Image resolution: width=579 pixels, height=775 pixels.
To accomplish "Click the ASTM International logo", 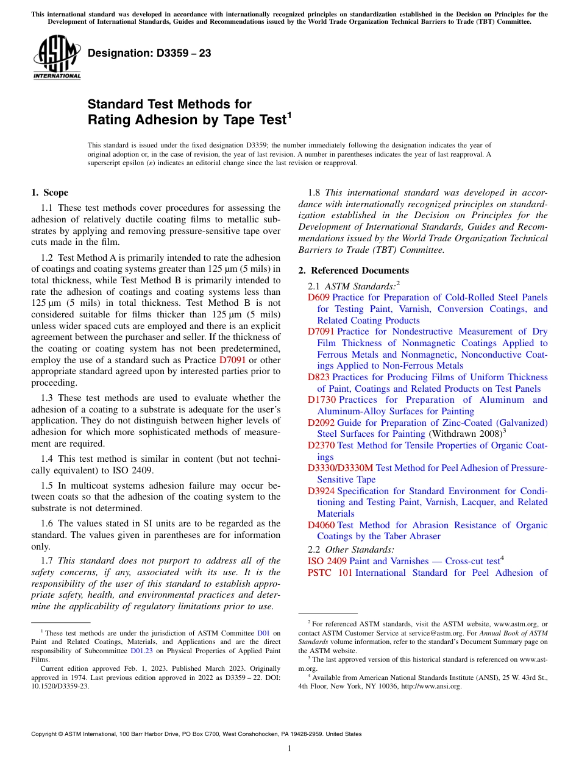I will pos(57,58).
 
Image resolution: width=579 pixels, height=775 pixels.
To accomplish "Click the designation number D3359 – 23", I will pos(149,54).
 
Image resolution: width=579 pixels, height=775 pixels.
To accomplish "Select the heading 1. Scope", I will pos(49,193).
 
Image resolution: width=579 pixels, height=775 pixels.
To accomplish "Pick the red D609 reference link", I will pos(318,297).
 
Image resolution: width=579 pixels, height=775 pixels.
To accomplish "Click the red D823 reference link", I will pos(318,377).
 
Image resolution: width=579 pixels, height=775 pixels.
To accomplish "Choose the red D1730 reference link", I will pos(321,400).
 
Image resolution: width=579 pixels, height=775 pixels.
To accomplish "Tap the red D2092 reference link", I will pos(321,423).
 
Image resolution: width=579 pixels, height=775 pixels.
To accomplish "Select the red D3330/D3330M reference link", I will pos(340,468).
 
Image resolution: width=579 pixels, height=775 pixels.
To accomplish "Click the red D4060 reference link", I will pos(321,525).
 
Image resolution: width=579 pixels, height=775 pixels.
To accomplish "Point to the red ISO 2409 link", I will pos(327,561).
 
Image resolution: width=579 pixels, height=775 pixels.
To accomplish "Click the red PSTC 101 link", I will pos(330,573).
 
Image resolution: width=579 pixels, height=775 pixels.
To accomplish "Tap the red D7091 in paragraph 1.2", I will pos(232,360).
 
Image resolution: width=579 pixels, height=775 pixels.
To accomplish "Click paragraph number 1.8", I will pos(314,193).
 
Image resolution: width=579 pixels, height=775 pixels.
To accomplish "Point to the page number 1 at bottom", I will pos(289,749).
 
